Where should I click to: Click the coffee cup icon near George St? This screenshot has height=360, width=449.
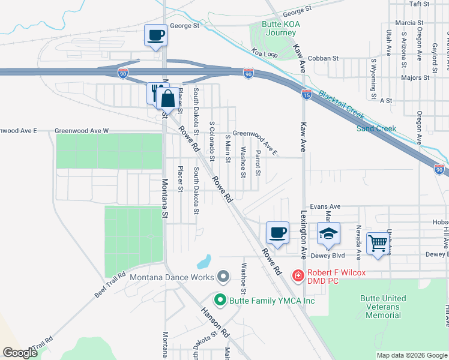[156, 35]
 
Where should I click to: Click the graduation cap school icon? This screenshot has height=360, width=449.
[328, 233]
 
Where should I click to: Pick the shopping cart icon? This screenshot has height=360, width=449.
[378, 244]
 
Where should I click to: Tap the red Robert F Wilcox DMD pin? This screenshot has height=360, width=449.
[297, 276]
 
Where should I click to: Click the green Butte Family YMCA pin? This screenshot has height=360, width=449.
[220, 300]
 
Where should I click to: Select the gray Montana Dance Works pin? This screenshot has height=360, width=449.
[224, 277]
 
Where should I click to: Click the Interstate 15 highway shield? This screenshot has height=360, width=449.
[306, 94]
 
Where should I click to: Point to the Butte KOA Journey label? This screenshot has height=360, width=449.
[281, 28]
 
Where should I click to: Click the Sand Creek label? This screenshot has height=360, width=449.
[376, 128]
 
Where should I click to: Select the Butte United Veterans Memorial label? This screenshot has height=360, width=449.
[383, 307]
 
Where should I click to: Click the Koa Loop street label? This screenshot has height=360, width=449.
[265, 54]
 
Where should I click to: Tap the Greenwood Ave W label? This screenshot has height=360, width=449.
[82, 130]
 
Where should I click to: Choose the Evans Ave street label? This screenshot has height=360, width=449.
[325, 206]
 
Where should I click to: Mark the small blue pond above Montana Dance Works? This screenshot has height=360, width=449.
[204, 262]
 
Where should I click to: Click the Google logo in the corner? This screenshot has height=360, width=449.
[20, 353]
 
